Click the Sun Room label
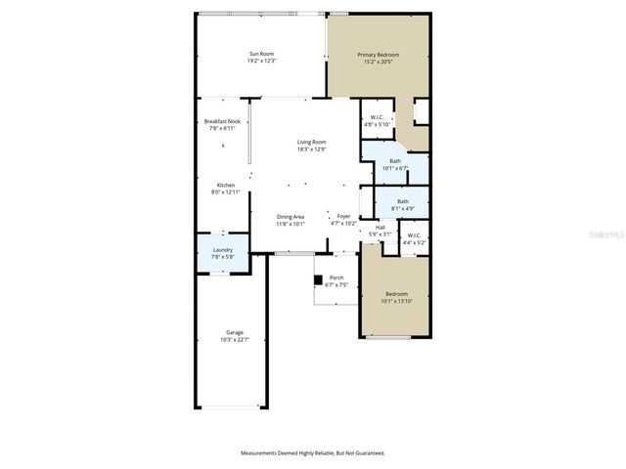click(x=262, y=55)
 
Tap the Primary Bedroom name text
click(x=378, y=55)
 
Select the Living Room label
click(x=312, y=143)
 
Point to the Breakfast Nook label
click(x=222, y=122)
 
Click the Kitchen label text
click(x=225, y=186)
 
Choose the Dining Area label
click(x=291, y=217)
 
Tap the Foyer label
click(x=343, y=217)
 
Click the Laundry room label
click(x=222, y=249)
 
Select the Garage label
click(x=235, y=332)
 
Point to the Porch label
click(x=335, y=278)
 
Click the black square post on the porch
click(x=318, y=280)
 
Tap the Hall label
click(x=380, y=228)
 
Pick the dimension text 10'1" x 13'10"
click(x=396, y=301)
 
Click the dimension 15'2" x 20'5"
click(x=378, y=62)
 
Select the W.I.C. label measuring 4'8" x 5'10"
click(x=377, y=118)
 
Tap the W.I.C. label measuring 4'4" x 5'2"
click(x=413, y=234)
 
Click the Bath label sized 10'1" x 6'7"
click(x=395, y=161)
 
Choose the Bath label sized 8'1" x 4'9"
click(x=402, y=201)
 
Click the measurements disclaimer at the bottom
click(x=313, y=453)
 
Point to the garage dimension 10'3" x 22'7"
click(x=235, y=339)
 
